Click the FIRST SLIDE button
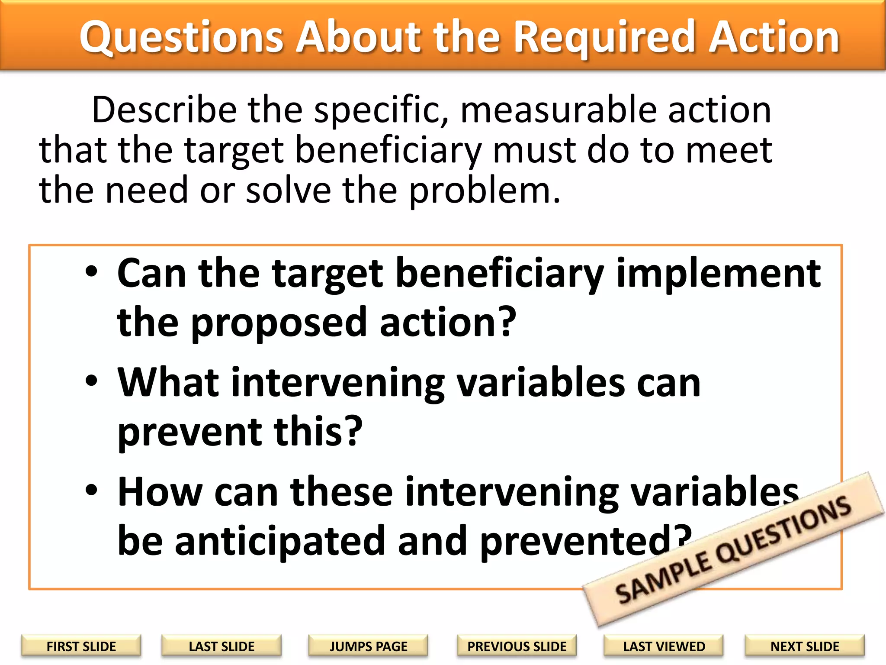(81, 646)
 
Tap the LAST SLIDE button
(221, 646)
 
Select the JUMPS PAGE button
(368, 646)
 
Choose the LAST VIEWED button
(664, 646)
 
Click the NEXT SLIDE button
(805, 646)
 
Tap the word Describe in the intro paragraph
(164, 110)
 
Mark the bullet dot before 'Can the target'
(91, 272)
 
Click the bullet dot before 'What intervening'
(91, 381)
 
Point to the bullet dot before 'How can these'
(91, 491)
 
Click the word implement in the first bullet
(718, 274)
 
